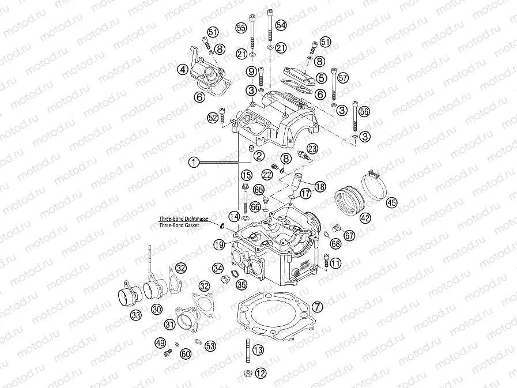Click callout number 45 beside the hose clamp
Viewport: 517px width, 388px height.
(391, 202)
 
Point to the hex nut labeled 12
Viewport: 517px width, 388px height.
(247, 372)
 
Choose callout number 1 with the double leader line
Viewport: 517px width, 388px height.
(194, 163)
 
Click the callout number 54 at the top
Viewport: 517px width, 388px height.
(281, 25)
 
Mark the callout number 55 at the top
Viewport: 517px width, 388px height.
(241, 28)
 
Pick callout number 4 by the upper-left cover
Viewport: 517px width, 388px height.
(183, 70)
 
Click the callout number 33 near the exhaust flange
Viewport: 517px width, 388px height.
(135, 315)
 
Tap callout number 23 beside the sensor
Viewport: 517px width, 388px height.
(312, 148)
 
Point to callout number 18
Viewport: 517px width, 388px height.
(319, 186)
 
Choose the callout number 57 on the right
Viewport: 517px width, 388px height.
(344, 77)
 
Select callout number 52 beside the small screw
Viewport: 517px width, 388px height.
(213, 118)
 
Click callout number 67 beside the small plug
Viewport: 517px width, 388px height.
(349, 235)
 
